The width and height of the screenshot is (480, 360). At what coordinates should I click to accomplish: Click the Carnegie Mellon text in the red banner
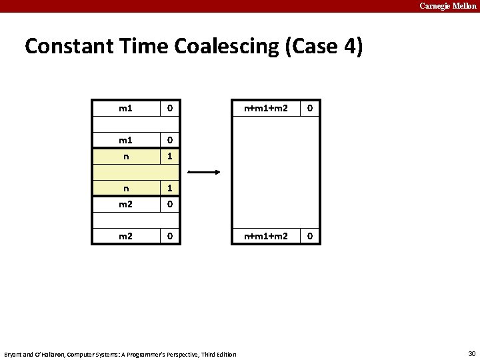447,6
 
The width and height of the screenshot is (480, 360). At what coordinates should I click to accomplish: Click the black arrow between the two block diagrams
204,172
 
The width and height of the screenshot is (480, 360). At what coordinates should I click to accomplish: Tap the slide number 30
472,353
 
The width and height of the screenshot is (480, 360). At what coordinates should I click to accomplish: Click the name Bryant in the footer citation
14,354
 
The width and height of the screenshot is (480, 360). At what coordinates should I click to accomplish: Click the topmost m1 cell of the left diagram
125,108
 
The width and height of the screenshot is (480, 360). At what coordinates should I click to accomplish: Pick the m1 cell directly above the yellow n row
125,140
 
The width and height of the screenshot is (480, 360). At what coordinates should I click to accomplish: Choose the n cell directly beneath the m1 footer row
125,156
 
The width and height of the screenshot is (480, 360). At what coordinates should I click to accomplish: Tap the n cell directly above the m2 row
125,188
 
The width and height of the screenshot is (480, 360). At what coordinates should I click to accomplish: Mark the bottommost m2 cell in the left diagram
125,236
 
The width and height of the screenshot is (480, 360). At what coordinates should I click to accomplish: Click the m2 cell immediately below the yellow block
125,204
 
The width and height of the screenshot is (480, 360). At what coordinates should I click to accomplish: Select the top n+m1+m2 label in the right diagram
265,108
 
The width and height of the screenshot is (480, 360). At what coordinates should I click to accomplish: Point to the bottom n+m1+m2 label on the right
265,236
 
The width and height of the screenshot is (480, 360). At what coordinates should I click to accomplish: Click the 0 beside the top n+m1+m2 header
310,108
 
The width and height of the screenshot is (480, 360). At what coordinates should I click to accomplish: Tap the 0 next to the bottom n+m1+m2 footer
310,236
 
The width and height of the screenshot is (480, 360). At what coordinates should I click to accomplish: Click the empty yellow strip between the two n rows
135,172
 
